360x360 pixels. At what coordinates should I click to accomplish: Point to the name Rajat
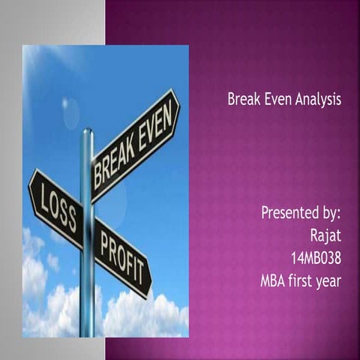tap(325, 235)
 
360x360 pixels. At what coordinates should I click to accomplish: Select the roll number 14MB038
tap(316, 259)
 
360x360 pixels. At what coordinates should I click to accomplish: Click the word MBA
tap(274, 281)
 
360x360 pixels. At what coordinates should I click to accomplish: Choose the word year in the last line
tap(330, 282)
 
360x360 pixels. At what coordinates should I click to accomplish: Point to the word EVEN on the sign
tap(157, 124)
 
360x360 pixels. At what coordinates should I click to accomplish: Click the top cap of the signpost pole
tap(87, 131)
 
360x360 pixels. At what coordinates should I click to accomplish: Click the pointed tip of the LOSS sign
tap(30, 184)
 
